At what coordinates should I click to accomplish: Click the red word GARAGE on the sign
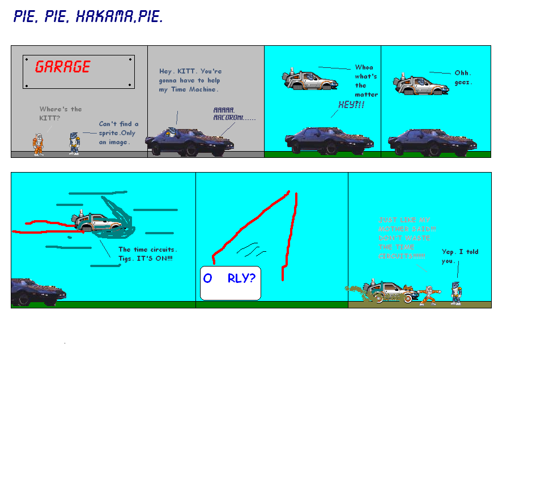tap(62, 67)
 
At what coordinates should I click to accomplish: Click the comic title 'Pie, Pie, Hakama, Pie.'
tap(88, 17)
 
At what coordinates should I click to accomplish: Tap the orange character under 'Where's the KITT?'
tap(39, 144)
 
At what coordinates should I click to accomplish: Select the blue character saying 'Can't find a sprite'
tap(74, 143)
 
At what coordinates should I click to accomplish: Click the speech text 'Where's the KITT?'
tap(60, 113)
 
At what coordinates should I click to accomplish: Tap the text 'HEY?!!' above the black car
tap(351, 105)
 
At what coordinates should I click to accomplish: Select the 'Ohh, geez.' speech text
tap(463, 78)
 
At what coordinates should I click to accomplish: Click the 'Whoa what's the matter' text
tap(366, 81)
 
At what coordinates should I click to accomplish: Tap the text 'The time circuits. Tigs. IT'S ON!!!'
tap(147, 254)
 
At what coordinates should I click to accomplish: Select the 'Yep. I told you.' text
tap(460, 256)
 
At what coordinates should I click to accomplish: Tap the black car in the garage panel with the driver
tap(189, 142)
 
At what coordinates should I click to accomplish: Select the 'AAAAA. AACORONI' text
tap(234, 114)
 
